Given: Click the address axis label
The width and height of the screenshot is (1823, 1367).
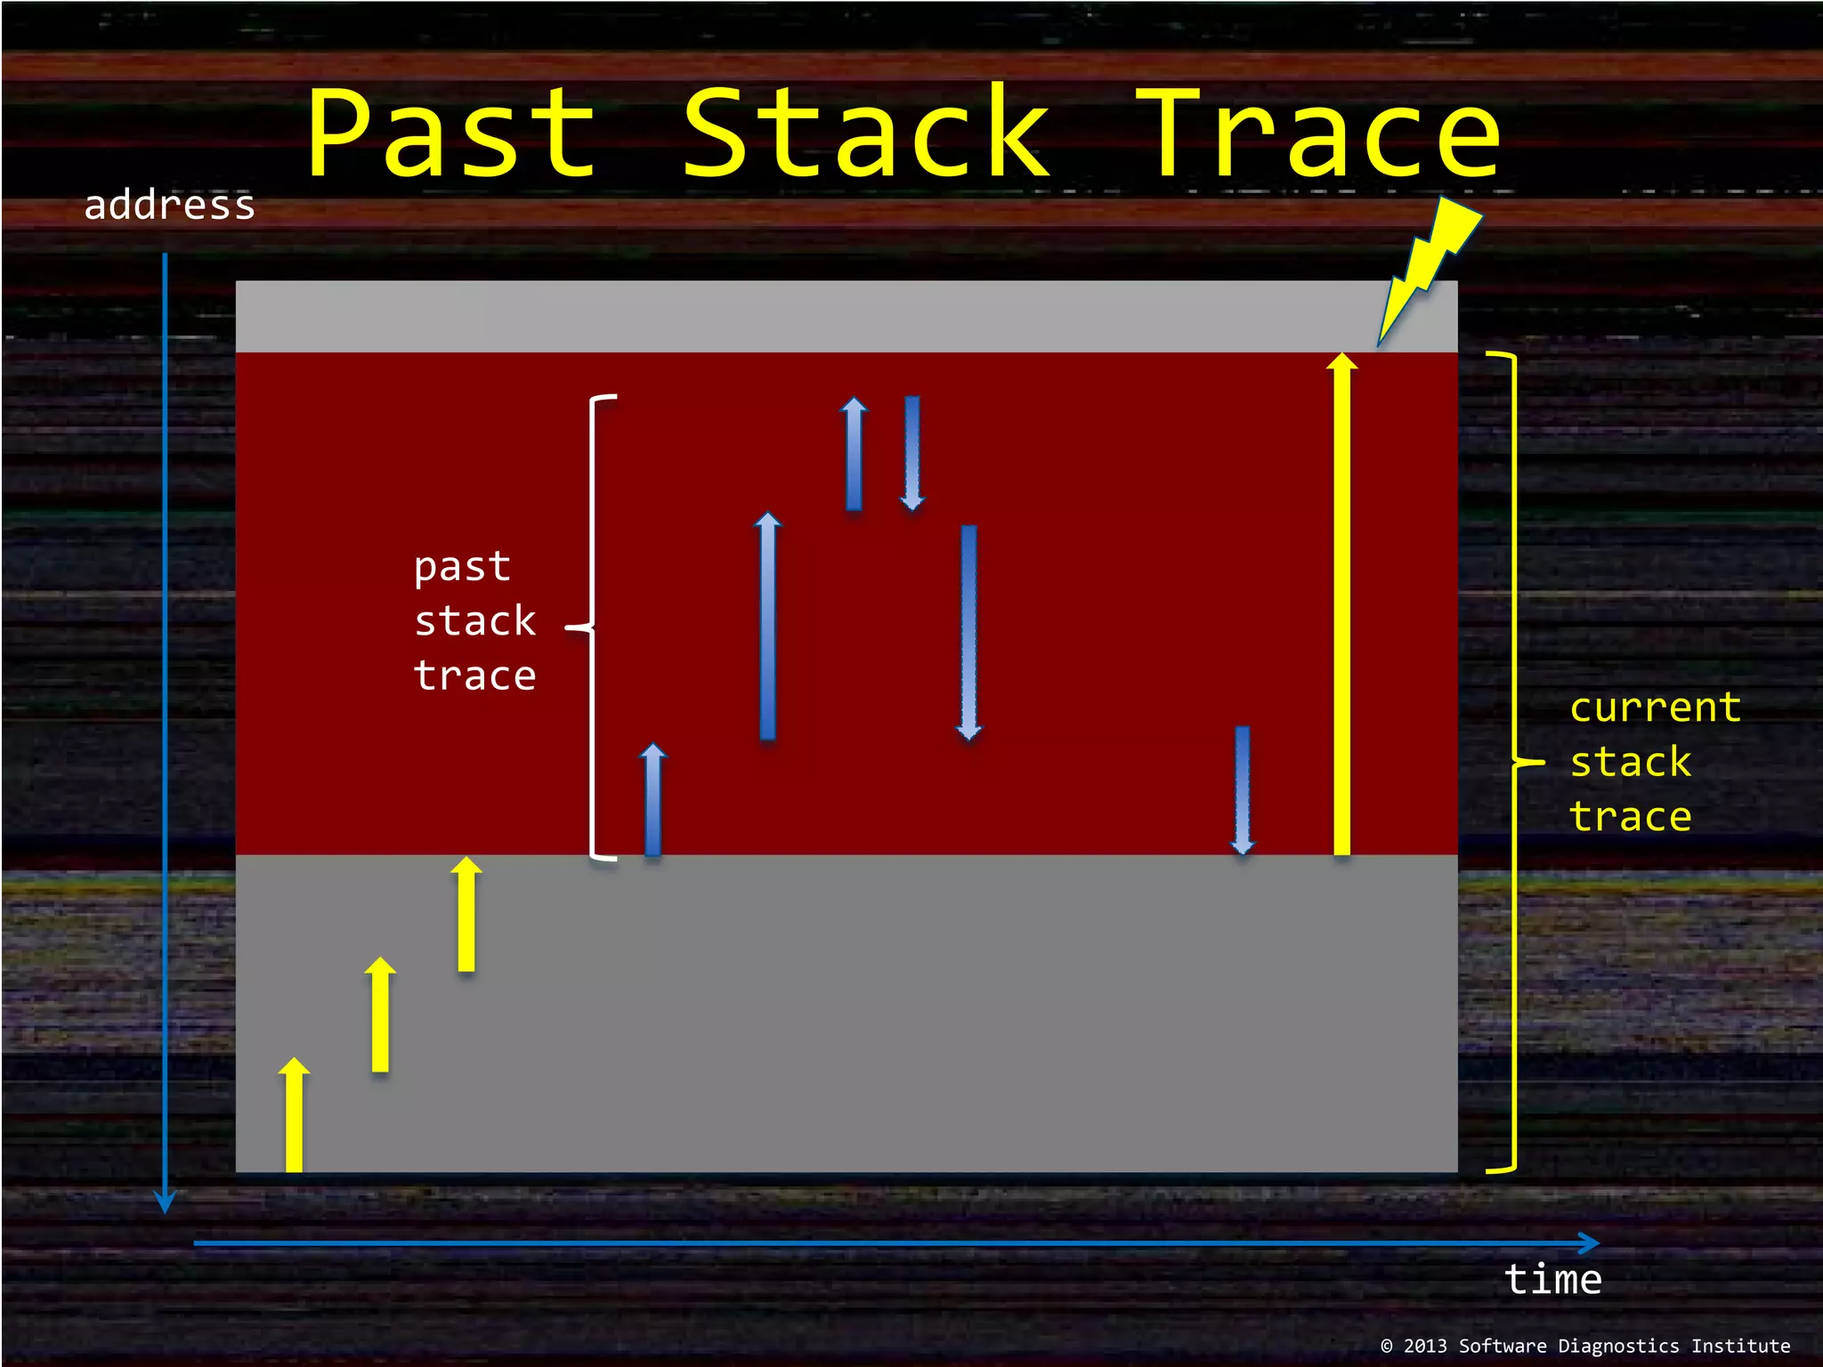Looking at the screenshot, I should click(x=169, y=206).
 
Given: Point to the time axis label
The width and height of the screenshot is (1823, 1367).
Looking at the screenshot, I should click(x=1552, y=1280).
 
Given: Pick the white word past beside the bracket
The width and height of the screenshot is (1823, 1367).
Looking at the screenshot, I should click(x=462, y=568).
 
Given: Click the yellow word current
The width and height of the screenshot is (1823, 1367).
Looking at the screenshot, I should click(x=1655, y=708).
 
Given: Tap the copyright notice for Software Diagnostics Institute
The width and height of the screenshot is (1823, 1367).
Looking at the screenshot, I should click(x=1585, y=1346).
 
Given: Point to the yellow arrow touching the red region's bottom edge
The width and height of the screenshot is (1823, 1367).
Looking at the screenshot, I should click(x=466, y=914).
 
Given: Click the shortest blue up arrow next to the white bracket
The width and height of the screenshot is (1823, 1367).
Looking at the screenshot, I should click(x=652, y=800).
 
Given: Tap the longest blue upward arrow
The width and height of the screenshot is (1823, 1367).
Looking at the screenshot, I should click(x=767, y=627).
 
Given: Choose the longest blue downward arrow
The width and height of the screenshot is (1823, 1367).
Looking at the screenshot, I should click(x=968, y=632).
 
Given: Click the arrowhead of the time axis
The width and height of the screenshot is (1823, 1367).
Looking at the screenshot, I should click(x=1588, y=1243).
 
